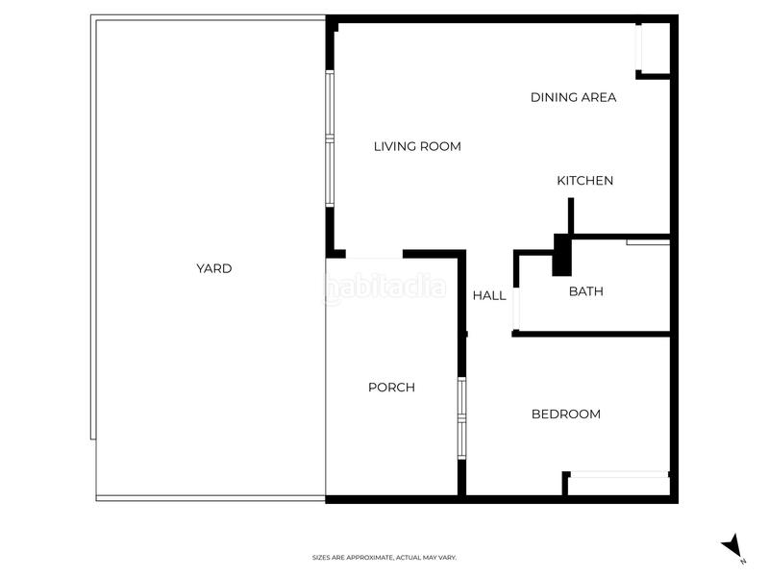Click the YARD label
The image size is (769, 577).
pyautogui.click(x=213, y=269)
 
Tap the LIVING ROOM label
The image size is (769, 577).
pyautogui.click(x=417, y=147)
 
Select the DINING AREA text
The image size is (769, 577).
pyautogui.click(x=573, y=97)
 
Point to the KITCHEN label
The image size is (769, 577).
pyautogui.click(x=584, y=181)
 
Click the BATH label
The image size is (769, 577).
pyautogui.click(x=585, y=291)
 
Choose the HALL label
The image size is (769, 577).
pyautogui.click(x=488, y=296)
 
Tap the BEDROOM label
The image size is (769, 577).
pyautogui.click(x=565, y=414)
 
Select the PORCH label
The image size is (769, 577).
pyautogui.click(x=391, y=388)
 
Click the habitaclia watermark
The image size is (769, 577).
pyautogui.click(x=384, y=287)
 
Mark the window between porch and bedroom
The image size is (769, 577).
pyautogui.click(x=461, y=416)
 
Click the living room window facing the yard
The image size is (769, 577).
pyautogui.click(x=329, y=139)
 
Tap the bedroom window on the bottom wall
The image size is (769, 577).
pyautogui.click(x=617, y=474)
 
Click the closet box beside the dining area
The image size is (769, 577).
pyautogui.click(x=654, y=49)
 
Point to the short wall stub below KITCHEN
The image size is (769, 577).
pyautogui.click(x=570, y=215)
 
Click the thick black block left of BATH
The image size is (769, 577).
pyautogui.click(x=561, y=256)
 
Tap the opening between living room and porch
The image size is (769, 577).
pyautogui.click(x=364, y=256)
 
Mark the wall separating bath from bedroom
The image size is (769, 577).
pyautogui.click(x=590, y=334)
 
